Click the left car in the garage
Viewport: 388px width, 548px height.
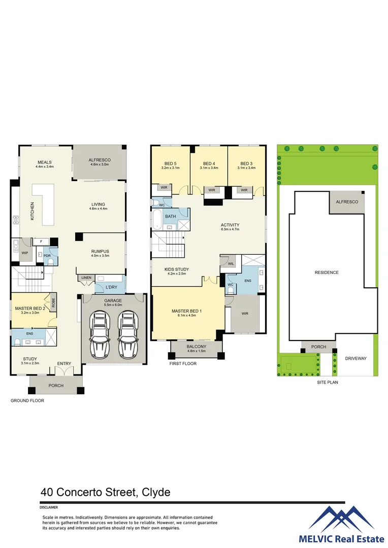pos(101,334)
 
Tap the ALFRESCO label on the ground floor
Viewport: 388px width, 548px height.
pos(100,160)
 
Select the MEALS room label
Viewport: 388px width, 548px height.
pos(45,162)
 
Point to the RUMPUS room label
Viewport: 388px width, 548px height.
pos(100,251)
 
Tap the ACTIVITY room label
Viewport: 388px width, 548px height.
pos(230,225)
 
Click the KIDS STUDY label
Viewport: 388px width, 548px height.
pos(177,269)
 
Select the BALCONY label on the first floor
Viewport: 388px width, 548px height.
pos(196,347)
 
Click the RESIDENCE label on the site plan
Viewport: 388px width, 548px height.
pos(326,272)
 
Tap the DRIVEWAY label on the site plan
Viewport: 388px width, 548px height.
pos(355,358)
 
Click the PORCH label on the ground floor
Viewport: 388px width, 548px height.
pos(56,386)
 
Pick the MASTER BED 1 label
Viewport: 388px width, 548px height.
pos(187,311)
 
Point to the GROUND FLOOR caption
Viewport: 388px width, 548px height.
pos(27,401)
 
